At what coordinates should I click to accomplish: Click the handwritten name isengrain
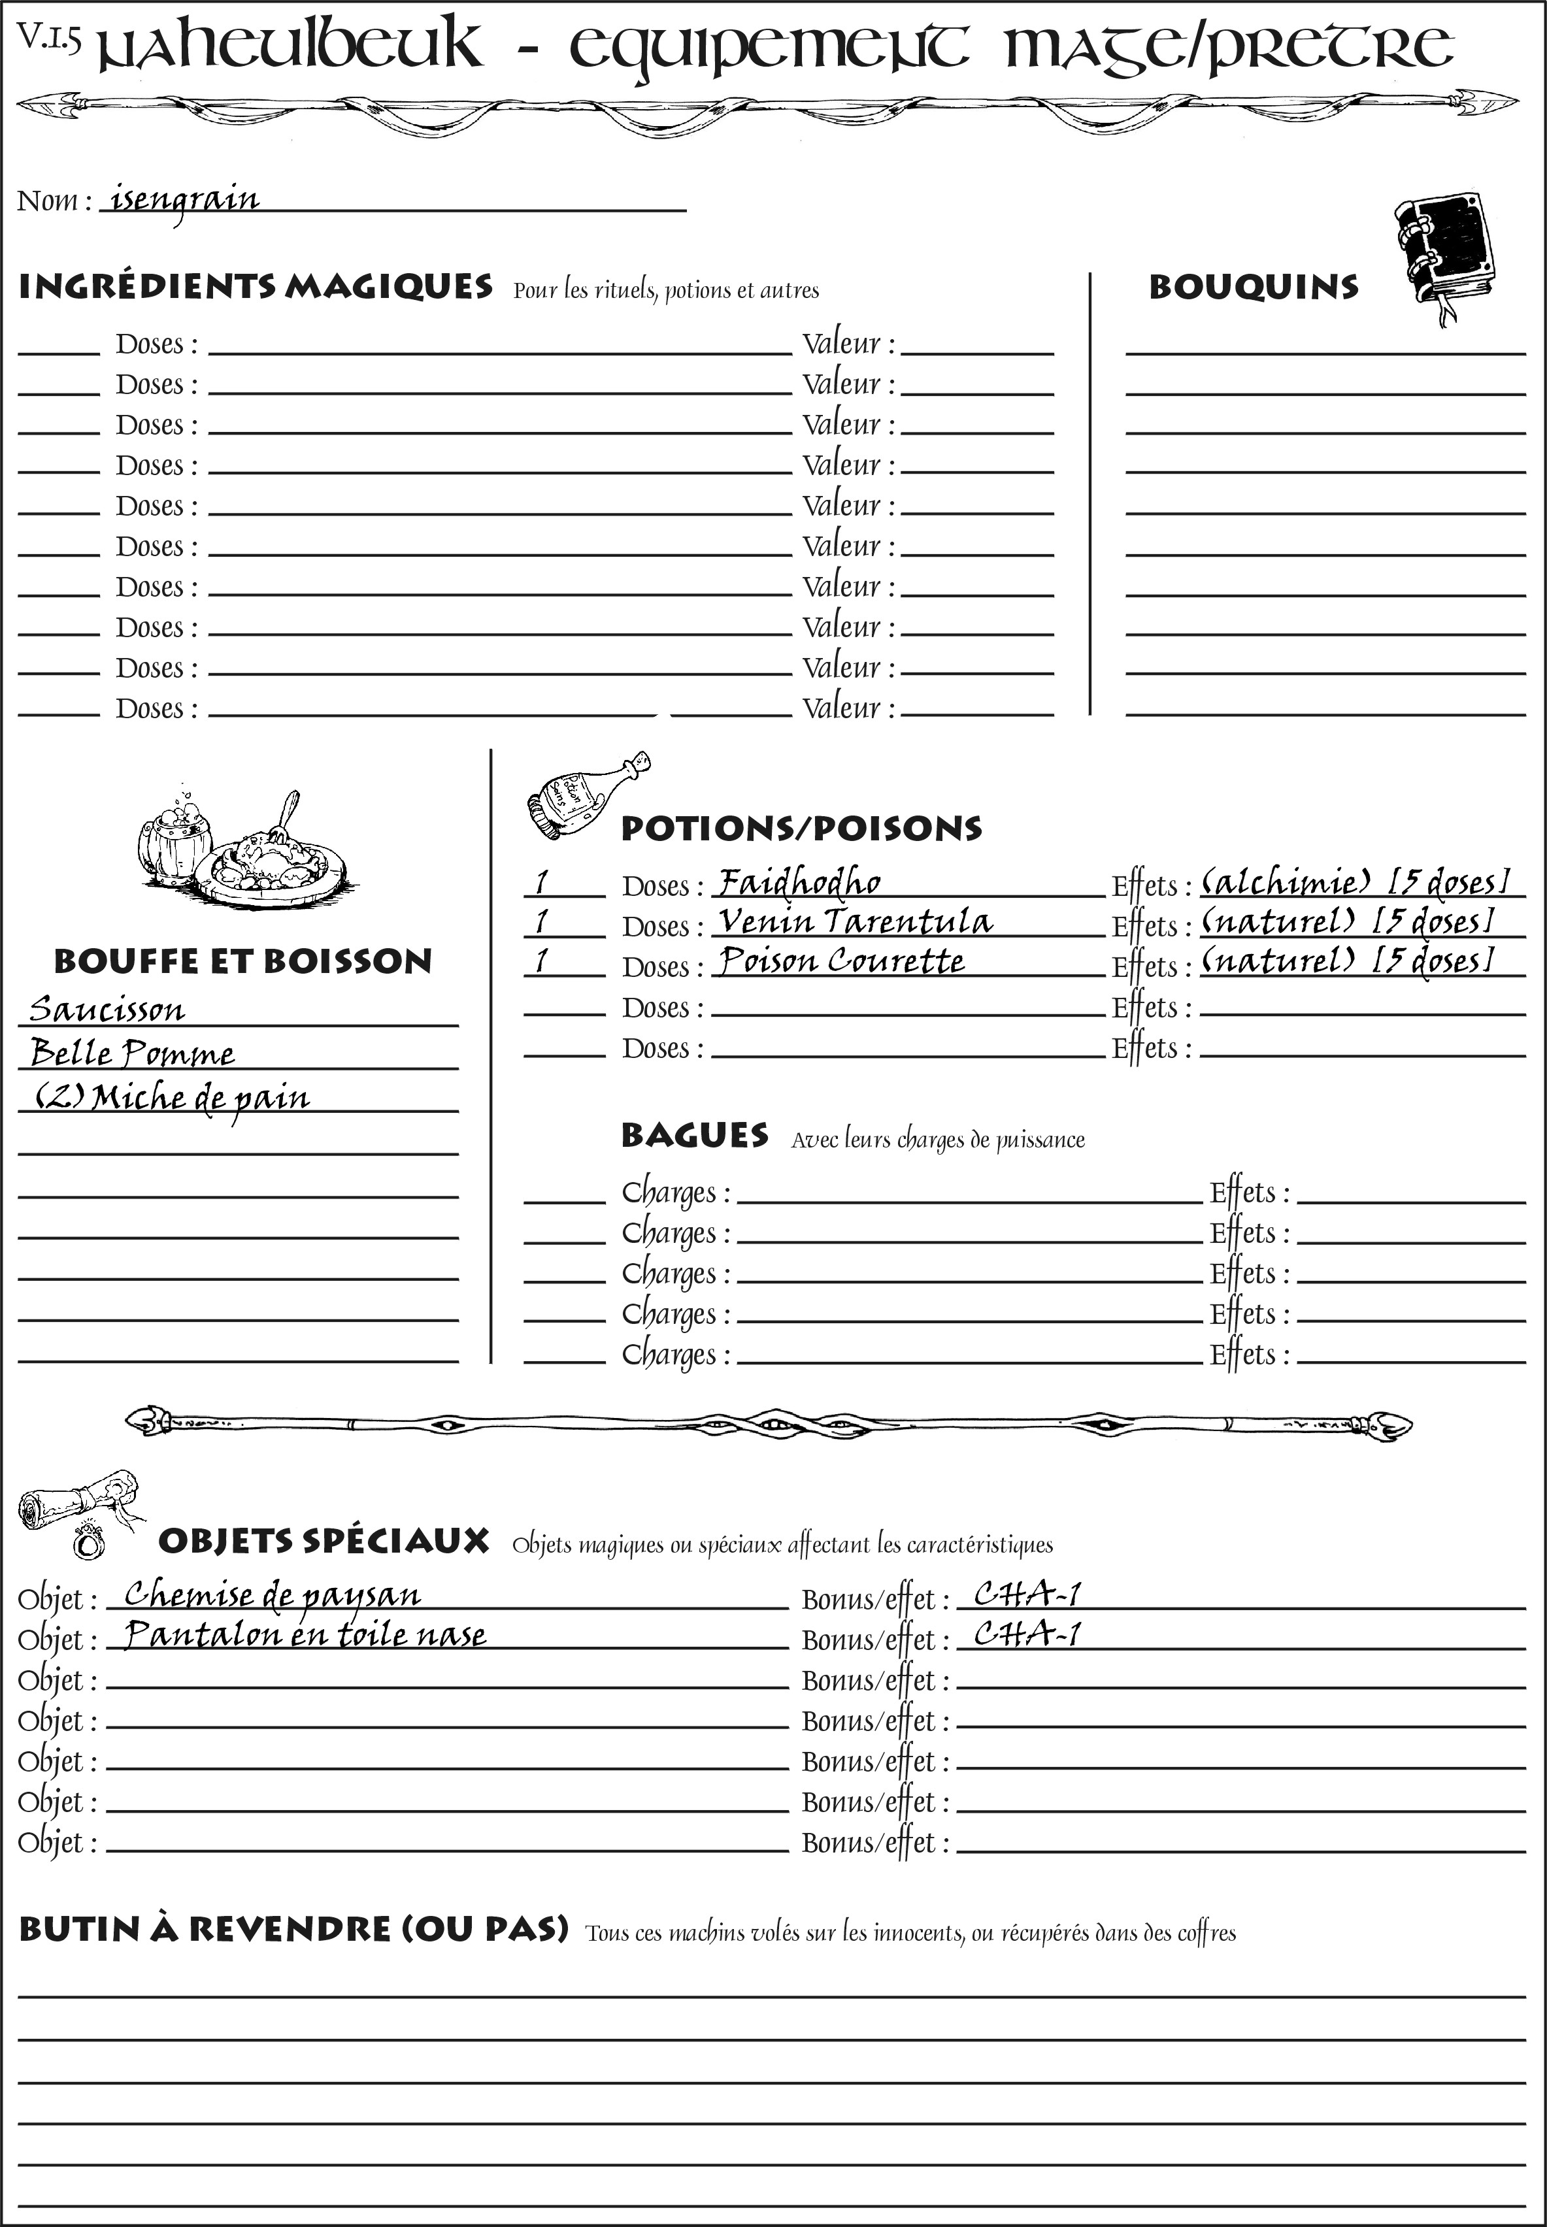(x=184, y=201)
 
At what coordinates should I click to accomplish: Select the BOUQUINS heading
(x=1254, y=288)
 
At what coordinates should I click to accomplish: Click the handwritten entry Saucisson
(x=107, y=1010)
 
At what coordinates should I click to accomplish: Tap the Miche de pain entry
(x=173, y=1098)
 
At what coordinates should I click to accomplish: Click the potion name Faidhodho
(x=799, y=883)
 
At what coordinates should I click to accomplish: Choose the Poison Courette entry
(x=841, y=961)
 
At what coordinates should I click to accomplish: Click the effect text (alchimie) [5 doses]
(x=1355, y=882)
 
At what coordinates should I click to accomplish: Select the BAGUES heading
(x=694, y=1136)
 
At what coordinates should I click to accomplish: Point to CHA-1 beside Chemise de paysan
(x=1027, y=1594)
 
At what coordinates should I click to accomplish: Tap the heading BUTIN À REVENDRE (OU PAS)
(x=293, y=1928)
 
